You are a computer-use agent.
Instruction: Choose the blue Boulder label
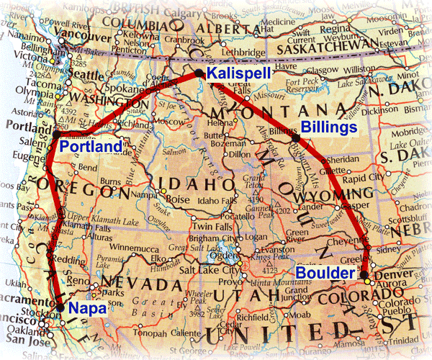coord(324,274)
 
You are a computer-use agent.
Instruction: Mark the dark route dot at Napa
coord(60,305)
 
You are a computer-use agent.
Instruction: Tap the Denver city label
coord(390,274)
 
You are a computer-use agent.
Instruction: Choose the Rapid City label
coord(384,179)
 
